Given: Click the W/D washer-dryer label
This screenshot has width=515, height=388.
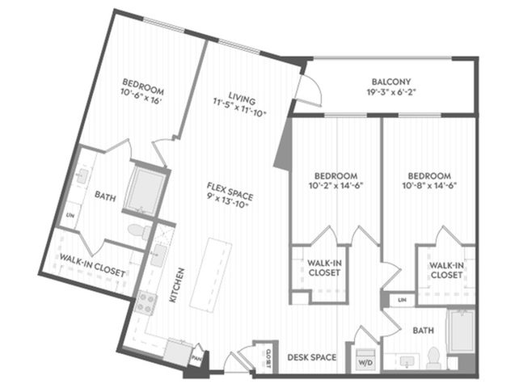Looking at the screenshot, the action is (x=365, y=364).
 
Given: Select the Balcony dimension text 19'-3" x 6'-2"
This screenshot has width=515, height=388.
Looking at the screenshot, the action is (x=391, y=92).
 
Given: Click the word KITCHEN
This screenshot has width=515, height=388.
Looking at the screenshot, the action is (x=176, y=285).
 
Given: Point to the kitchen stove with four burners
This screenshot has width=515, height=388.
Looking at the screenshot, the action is (x=146, y=303).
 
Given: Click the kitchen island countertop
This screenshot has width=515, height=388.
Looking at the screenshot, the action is (x=211, y=276).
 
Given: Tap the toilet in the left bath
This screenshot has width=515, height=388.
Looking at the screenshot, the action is (x=139, y=230).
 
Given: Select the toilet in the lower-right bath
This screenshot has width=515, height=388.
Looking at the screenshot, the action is (x=433, y=357).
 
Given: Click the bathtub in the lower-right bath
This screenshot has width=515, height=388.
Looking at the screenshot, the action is (x=462, y=331).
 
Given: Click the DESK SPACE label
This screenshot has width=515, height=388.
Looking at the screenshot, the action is (x=312, y=357).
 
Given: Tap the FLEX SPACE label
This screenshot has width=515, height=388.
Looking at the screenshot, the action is (x=230, y=191).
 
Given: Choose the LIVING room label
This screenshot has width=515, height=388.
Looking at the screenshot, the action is (x=242, y=98).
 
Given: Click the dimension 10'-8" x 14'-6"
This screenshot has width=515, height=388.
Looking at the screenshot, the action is (x=429, y=186).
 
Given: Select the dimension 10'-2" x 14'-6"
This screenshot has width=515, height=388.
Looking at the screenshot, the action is (x=336, y=186).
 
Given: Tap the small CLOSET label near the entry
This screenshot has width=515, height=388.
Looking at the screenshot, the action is (x=268, y=359).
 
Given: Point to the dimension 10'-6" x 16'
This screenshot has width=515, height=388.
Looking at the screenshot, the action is (x=141, y=98).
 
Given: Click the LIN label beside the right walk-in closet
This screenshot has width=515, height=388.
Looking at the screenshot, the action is (x=402, y=300).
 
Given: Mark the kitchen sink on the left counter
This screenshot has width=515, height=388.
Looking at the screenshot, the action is (x=159, y=255).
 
